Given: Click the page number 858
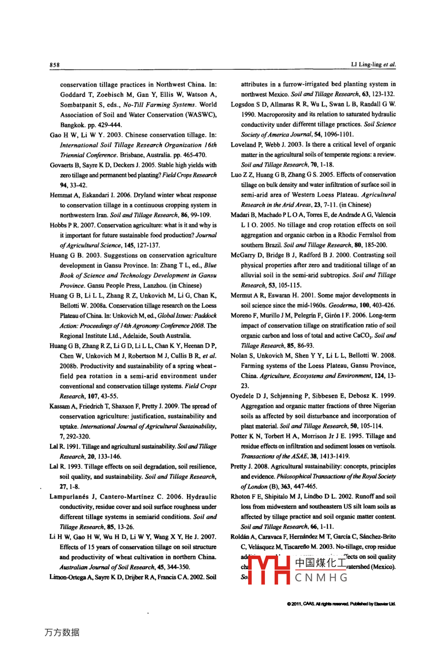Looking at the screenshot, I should (x=54, y=65).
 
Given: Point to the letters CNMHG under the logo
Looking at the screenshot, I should (x=321, y=578).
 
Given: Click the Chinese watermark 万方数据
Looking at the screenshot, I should (x=62, y=632).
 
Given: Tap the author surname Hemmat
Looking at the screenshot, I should (x=61, y=195).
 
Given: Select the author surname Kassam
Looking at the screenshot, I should (x=60, y=406).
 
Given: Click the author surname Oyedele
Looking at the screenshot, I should (x=242, y=396).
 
